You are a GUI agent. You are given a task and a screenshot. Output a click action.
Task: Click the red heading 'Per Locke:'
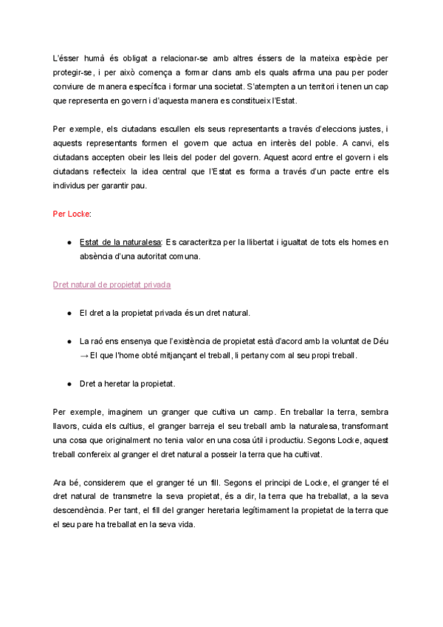pos(72,214)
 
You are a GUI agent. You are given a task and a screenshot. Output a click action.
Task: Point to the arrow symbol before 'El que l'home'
pos(83,356)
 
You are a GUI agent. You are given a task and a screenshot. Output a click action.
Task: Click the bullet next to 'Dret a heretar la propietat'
pos(69,384)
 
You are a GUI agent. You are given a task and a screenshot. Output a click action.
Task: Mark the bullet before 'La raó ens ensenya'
pos(69,342)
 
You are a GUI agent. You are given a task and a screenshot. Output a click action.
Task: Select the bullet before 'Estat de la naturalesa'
pos(69,243)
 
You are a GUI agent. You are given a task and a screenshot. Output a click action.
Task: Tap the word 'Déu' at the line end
pos(381,342)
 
